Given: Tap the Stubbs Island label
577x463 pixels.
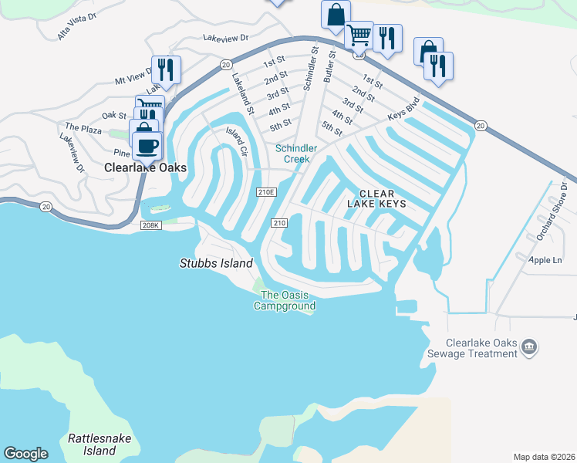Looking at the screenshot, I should pos(216,263).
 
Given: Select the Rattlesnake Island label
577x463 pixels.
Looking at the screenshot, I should pos(100,444).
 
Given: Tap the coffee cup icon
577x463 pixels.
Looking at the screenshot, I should pos(146,144).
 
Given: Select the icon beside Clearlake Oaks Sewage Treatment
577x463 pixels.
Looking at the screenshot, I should pos(529,347).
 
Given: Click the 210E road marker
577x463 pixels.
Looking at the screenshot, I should pos(266,191).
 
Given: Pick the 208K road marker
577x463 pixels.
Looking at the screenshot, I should pos(151,225).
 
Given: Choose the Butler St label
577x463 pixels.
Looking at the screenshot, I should pos(329,65).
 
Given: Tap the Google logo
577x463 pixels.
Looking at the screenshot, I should pos(25,454).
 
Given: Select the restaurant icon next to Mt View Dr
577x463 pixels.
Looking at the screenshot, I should pos(166,69).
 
